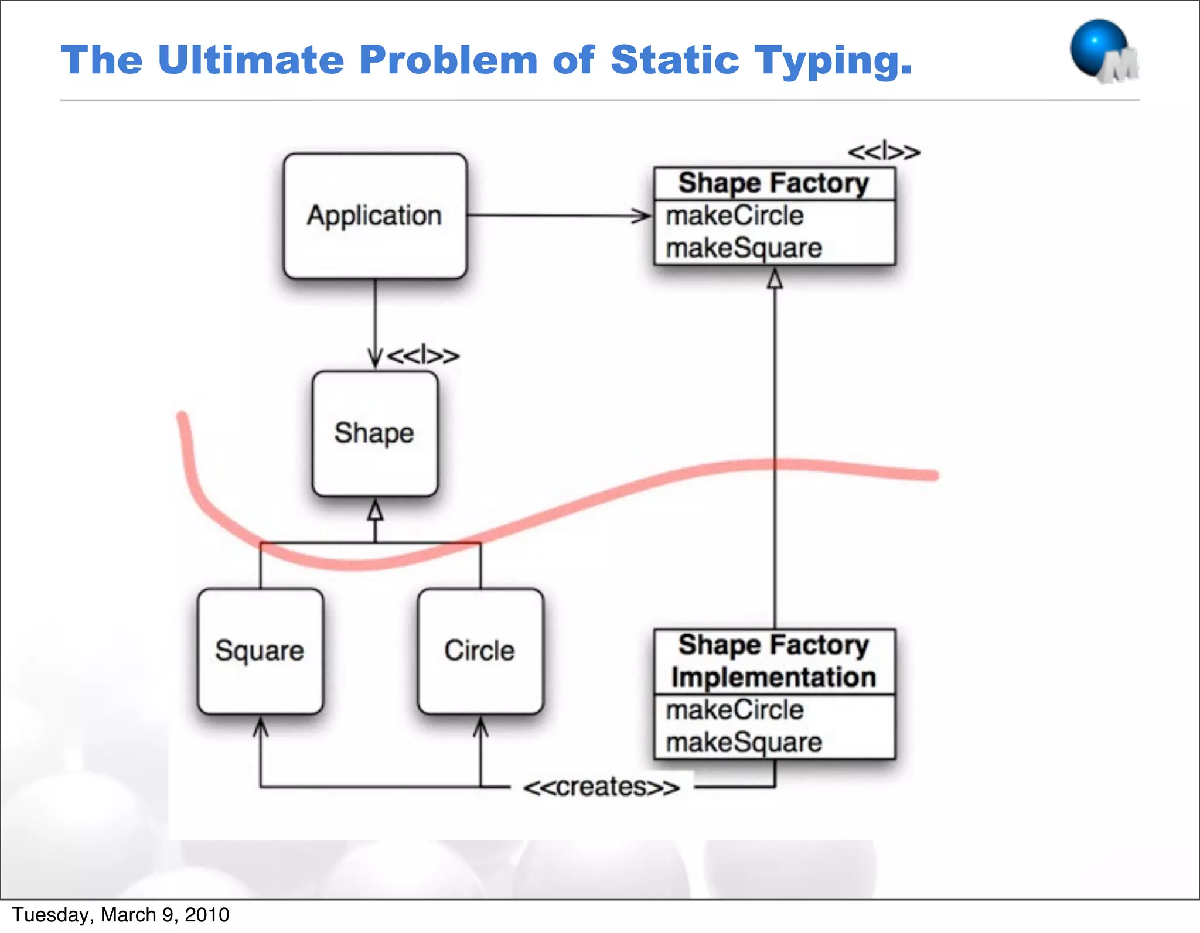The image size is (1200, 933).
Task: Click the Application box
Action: [x=375, y=216]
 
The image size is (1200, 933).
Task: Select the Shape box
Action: [x=375, y=433]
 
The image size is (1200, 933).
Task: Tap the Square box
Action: [x=260, y=651]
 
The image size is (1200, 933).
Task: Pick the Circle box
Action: [x=480, y=651]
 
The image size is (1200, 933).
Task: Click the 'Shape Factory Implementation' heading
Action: [x=774, y=661]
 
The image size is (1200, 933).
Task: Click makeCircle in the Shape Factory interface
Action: [x=735, y=216]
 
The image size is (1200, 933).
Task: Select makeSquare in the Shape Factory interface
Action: [x=744, y=248]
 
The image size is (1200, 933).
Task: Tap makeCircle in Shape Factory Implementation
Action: [x=735, y=710]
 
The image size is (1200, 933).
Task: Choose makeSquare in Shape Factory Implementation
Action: [x=744, y=743]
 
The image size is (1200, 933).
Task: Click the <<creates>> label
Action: [x=601, y=787]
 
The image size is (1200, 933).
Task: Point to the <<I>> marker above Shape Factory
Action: [x=884, y=153]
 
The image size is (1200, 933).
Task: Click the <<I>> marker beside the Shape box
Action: [x=423, y=356]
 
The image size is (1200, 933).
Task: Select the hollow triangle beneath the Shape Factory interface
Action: [x=775, y=279]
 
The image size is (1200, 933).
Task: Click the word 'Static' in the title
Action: [x=675, y=60]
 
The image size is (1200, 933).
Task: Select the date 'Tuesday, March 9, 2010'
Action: [x=121, y=915]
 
